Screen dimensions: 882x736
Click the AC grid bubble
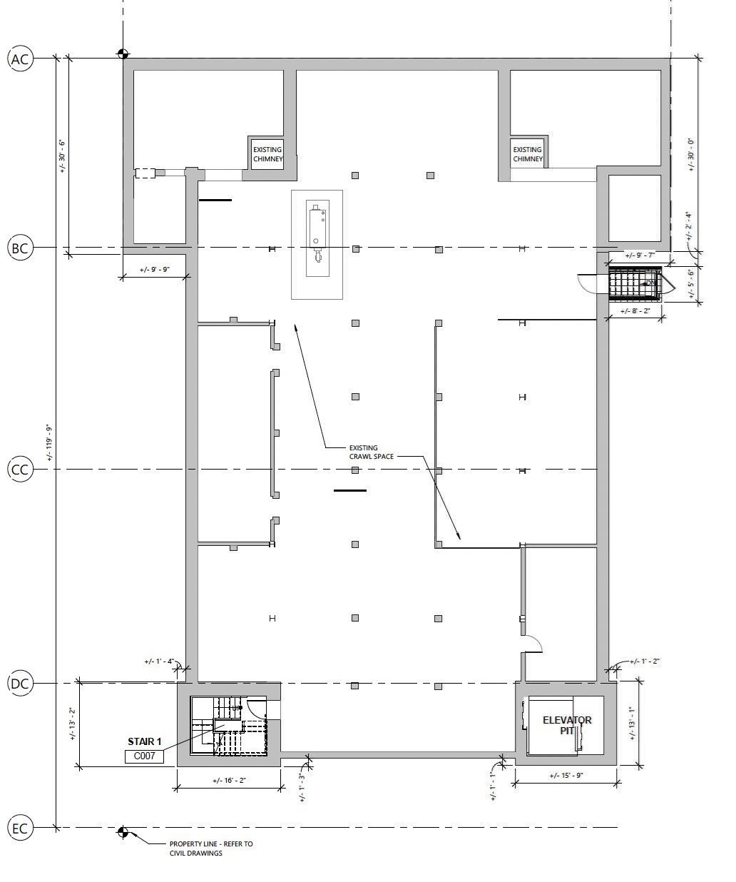(x=20, y=59)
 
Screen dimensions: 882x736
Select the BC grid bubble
(x=20, y=248)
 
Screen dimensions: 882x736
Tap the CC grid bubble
(x=20, y=470)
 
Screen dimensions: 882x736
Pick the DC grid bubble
(x=20, y=684)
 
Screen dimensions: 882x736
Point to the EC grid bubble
(x=20, y=828)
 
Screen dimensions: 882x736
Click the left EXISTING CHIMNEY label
(x=267, y=154)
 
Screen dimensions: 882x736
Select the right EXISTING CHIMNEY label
(x=528, y=154)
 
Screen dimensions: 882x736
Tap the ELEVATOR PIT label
(x=567, y=725)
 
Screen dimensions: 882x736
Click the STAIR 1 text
(x=145, y=741)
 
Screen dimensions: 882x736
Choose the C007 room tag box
(x=144, y=756)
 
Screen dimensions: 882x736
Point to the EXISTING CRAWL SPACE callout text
(x=371, y=452)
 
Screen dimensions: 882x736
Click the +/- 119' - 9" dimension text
(x=49, y=442)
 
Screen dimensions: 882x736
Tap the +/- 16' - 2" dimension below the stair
(x=229, y=781)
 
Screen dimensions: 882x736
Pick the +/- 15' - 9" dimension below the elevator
(x=566, y=776)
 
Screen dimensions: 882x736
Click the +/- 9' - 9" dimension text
(x=155, y=270)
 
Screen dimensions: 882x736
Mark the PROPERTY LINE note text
(x=210, y=848)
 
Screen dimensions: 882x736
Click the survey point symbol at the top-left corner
(x=123, y=54)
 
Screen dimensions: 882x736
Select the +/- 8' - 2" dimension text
(x=635, y=311)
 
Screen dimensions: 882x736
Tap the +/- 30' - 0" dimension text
(x=690, y=153)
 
